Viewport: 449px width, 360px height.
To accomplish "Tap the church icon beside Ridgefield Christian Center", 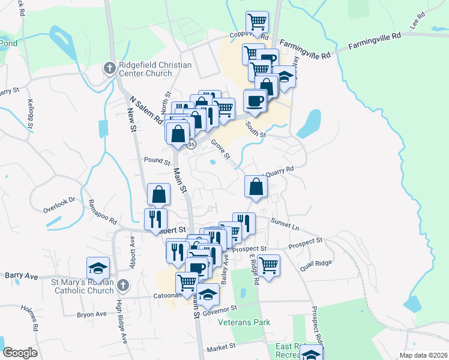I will pyautogui.click(x=109, y=68).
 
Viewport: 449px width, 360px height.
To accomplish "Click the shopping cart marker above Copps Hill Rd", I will pyautogui.click(x=257, y=22).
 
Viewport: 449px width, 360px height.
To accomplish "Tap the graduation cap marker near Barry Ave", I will pyautogui.click(x=98, y=268).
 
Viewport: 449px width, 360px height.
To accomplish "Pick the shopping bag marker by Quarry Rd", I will pyautogui.click(x=256, y=186).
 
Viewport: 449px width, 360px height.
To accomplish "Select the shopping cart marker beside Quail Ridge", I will pyautogui.click(x=268, y=264).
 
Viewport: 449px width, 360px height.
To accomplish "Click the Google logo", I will pyautogui.click(x=20, y=353).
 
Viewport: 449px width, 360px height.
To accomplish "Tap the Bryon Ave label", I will pyautogui.click(x=91, y=314).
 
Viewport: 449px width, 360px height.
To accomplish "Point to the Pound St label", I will pyautogui.click(x=158, y=160).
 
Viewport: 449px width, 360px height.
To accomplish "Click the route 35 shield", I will pyautogui.click(x=191, y=145).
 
